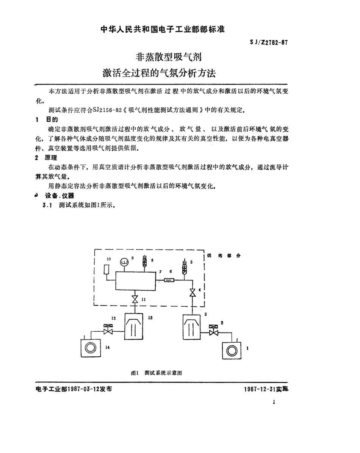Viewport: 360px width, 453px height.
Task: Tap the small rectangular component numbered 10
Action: (x=107, y=270)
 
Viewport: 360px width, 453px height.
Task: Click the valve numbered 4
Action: (x=193, y=292)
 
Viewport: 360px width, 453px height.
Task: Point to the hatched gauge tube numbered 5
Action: (x=185, y=268)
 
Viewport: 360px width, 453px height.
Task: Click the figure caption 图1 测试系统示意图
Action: (x=157, y=373)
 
